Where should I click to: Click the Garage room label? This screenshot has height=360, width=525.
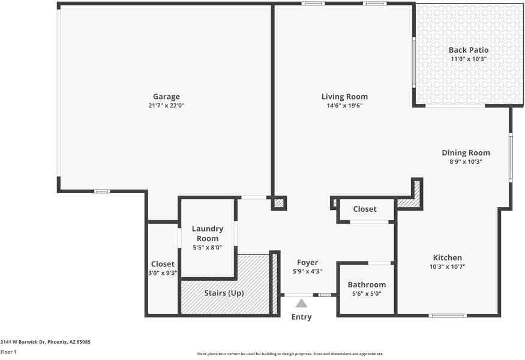click(x=166, y=97)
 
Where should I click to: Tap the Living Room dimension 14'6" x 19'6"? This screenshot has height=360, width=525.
click(x=344, y=106)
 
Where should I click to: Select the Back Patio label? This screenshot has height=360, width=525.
click(x=469, y=50)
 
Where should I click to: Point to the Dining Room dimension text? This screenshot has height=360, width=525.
click(x=466, y=162)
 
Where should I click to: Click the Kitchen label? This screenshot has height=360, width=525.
click(x=448, y=258)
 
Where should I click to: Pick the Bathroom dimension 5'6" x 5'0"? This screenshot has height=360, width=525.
click(x=367, y=294)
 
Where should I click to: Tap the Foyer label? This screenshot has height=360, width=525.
click(x=308, y=263)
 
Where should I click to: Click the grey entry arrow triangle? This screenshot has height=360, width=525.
click(x=301, y=304)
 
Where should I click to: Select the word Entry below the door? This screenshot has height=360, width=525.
click(x=301, y=317)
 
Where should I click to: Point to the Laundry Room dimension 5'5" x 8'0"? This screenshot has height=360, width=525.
click(x=208, y=247)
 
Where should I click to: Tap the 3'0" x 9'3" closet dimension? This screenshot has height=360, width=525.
click(x=163, y=273)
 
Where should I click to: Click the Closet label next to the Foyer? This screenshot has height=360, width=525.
click(x=365, y=209)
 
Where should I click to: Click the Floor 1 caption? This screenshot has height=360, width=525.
click(x=8, y=352)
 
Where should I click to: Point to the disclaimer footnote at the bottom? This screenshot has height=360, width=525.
click(x=290, y=354)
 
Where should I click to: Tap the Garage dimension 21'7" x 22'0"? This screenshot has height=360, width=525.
click(x=166, y=106)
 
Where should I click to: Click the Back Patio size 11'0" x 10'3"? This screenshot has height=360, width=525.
click(x=469, y=59)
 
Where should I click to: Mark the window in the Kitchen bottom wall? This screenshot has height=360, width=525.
click(x=448, y=315)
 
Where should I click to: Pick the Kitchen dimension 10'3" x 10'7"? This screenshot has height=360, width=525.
click(x=448, y=267)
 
